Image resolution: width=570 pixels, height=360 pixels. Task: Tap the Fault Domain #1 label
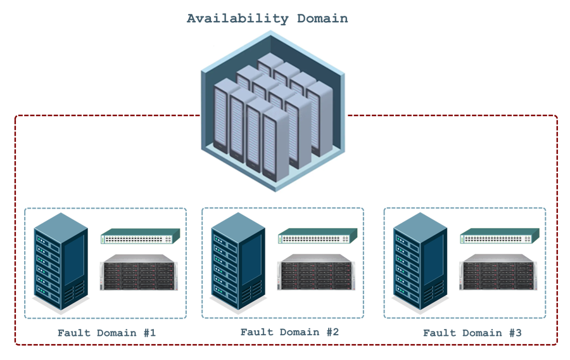tap(106, 333)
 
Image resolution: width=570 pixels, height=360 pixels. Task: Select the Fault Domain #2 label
tap(289, 332)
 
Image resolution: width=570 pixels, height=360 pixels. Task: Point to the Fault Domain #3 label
tap(472, 333)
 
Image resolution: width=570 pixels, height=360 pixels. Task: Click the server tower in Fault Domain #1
tap(61, 262)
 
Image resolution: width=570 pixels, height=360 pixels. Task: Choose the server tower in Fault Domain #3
tap(420, 262)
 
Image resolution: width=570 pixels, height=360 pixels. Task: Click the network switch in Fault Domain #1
tap(140, 237)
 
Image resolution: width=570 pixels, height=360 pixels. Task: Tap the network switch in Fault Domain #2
tap(317, 237)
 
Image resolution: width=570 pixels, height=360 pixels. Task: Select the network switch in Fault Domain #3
tap(500, 237)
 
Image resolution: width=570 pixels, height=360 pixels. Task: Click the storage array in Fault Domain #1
tap(139, 273)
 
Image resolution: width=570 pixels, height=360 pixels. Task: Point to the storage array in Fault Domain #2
tap(316, 273)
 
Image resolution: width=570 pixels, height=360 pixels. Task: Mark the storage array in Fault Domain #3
tap(498, 273)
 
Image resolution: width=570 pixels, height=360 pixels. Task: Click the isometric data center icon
tap(273, 111)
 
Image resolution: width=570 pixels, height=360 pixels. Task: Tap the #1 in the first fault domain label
tap(148, 333)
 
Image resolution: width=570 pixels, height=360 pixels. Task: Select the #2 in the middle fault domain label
tap(332, 332)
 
